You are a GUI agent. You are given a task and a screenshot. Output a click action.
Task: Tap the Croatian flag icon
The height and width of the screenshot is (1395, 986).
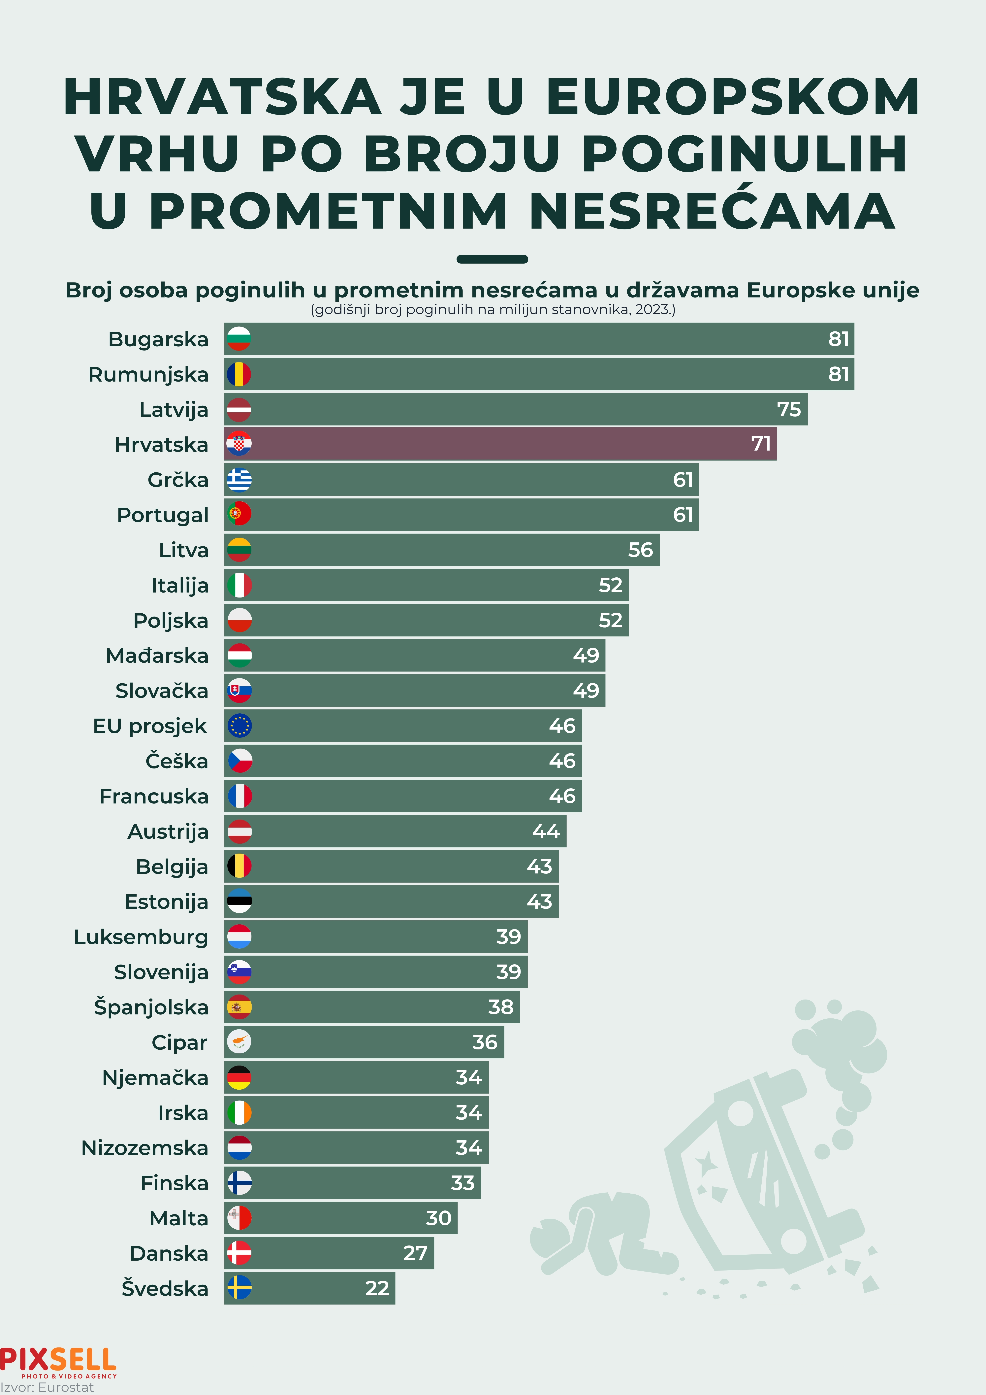click(x=239, y=444)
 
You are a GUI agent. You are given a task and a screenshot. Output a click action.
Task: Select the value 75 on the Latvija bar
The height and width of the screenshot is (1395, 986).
click(x=789, y=410)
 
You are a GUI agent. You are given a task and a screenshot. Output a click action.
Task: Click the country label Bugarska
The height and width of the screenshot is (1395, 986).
click(x=158, y=339)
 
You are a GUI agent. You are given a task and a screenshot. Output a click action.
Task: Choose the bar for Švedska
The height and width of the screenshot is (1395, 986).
click(x=310, y=1288)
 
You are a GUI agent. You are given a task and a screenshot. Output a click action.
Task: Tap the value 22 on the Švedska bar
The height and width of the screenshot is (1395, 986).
click(x=377, y=1288)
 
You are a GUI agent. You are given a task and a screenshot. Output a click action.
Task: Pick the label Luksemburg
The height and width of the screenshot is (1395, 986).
click(x=141, y=937)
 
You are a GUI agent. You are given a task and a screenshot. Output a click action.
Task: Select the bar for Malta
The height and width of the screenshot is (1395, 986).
click(x=340, y=1218)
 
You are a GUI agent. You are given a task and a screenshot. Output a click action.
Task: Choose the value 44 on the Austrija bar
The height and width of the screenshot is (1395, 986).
click(x=546, y=831)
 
